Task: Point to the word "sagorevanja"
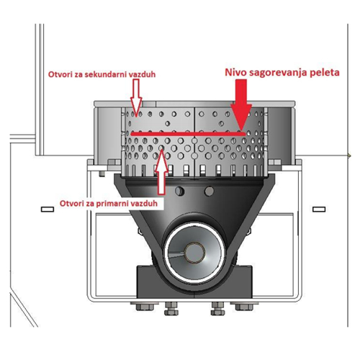[279, 73]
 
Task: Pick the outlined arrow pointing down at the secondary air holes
[136, 97]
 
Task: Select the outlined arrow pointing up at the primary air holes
[161, 172]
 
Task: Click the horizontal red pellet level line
[188, 134]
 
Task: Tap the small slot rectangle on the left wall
[48, 210]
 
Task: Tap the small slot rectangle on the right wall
[319, 210]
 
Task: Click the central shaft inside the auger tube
[194, 252]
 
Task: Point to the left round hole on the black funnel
[179, 191]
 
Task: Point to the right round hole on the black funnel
[209, 191]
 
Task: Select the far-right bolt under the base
[244, 307]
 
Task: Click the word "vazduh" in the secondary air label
[142, 74]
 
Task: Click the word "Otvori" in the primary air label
[68, 204]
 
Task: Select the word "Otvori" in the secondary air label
[57, 74]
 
